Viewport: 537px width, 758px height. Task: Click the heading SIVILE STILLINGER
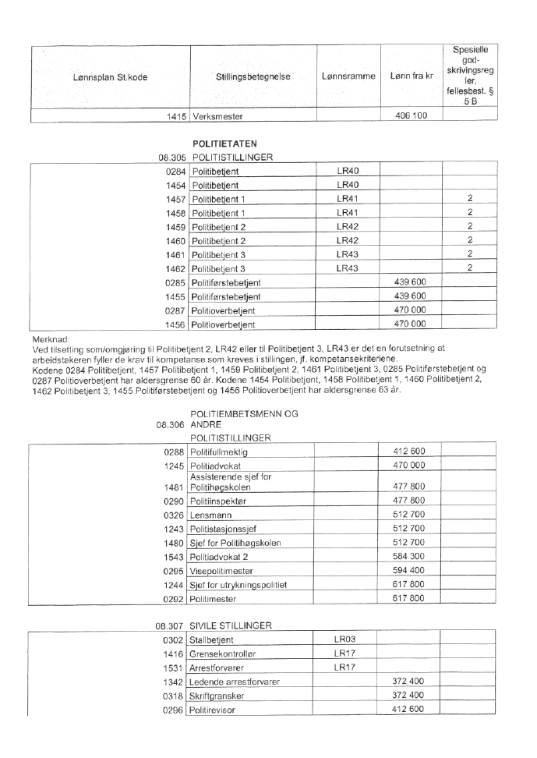231,625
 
